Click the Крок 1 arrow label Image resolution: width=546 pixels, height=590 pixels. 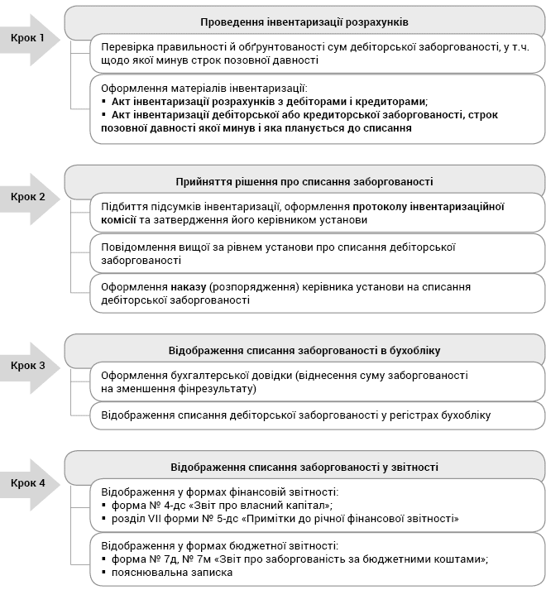(x=28, y=38)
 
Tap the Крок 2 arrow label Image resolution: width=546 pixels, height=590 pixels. (x=28, y=197)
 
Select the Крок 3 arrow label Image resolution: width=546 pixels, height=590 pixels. (x=28, y=365)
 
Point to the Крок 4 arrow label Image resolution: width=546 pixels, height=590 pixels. (x=28, y=483)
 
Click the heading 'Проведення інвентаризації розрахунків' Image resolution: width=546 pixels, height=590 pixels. (x=304, y=22)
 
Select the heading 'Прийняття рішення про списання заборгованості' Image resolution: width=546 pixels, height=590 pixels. (x=304, y=181)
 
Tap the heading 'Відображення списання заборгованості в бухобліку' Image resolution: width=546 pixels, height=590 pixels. (x=304, y=350)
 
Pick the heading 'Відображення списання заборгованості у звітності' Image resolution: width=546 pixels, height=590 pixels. (x=304, y=468)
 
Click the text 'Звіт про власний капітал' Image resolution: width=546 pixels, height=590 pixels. (x=261, y=505)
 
